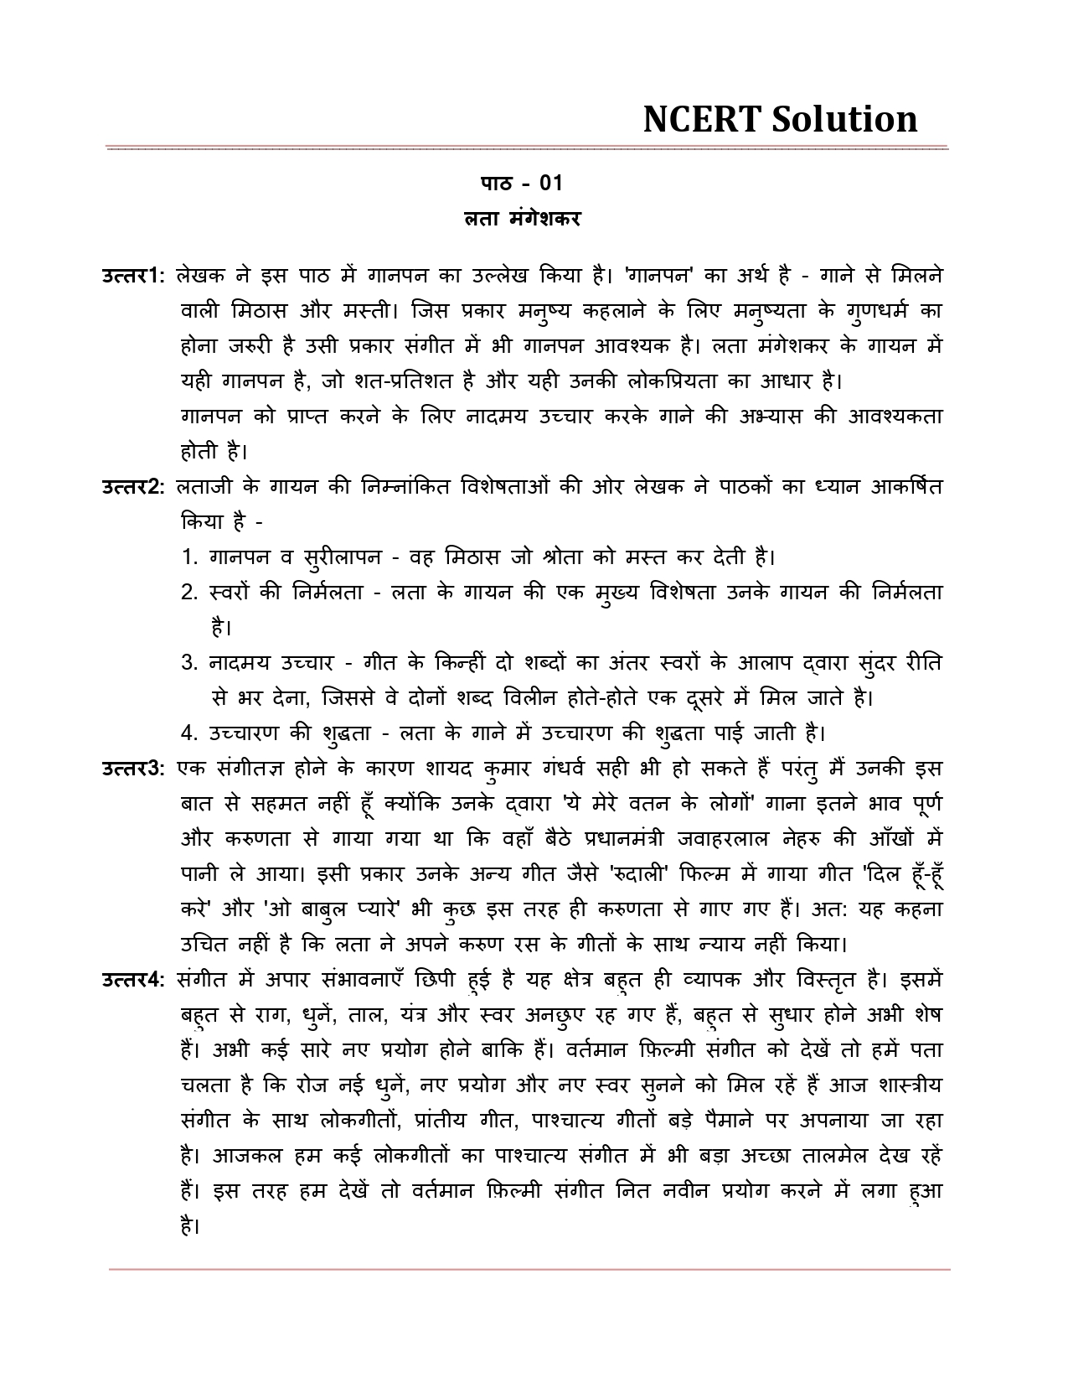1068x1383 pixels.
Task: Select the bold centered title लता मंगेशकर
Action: tap(523, 220)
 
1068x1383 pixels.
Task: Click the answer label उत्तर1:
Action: tap(134, 275)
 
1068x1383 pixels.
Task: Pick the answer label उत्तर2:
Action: tap(134, 486)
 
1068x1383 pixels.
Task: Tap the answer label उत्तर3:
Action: tap(134, 768)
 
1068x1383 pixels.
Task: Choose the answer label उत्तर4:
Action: tap(134, 979)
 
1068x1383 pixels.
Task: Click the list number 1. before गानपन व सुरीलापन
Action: tap(189, 557)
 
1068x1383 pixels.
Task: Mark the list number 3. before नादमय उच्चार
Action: tap(189, 663)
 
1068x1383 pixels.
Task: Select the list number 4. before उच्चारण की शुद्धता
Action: tap(189, 733)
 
